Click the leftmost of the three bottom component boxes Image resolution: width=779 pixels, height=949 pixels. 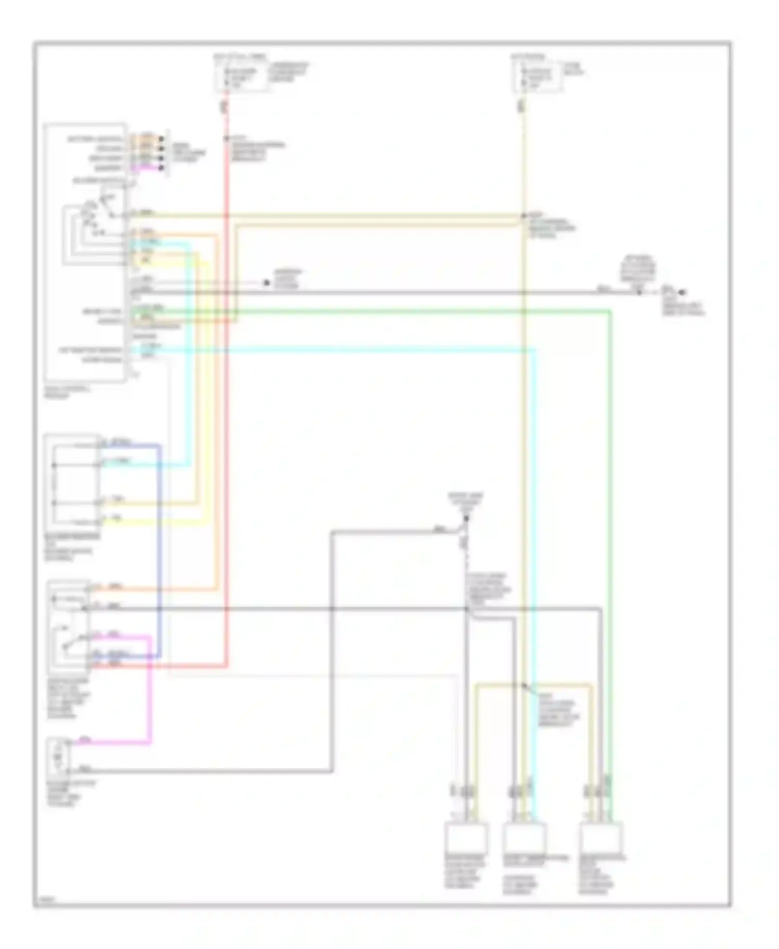[466, 838]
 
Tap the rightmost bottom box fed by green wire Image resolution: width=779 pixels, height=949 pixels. [600, 838]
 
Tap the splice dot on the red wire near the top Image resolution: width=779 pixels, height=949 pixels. [227, 139]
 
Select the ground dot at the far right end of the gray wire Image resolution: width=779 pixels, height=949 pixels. [682, 292]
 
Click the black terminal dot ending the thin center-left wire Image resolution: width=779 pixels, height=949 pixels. [266, 283]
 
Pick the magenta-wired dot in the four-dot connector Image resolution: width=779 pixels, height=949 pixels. [161, 168]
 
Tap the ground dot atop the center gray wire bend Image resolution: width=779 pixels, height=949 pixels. [466, 518]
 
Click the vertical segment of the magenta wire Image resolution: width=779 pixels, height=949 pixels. [150, 690]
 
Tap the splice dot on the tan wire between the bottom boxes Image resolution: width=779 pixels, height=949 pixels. [523, 685]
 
